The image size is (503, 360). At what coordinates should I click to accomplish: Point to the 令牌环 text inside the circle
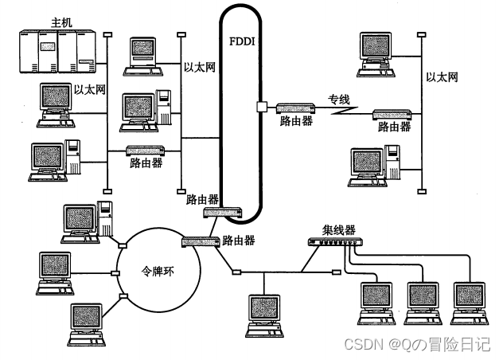[156, 268]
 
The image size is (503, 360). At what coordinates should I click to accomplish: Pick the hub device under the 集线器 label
[333, 243]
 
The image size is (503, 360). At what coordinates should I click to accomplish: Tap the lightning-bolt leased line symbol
[342, 115]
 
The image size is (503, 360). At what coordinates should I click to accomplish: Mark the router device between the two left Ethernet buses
[146, 150]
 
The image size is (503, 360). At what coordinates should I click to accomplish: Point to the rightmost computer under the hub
[468, 300]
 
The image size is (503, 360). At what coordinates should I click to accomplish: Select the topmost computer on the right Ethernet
[380, 53]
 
